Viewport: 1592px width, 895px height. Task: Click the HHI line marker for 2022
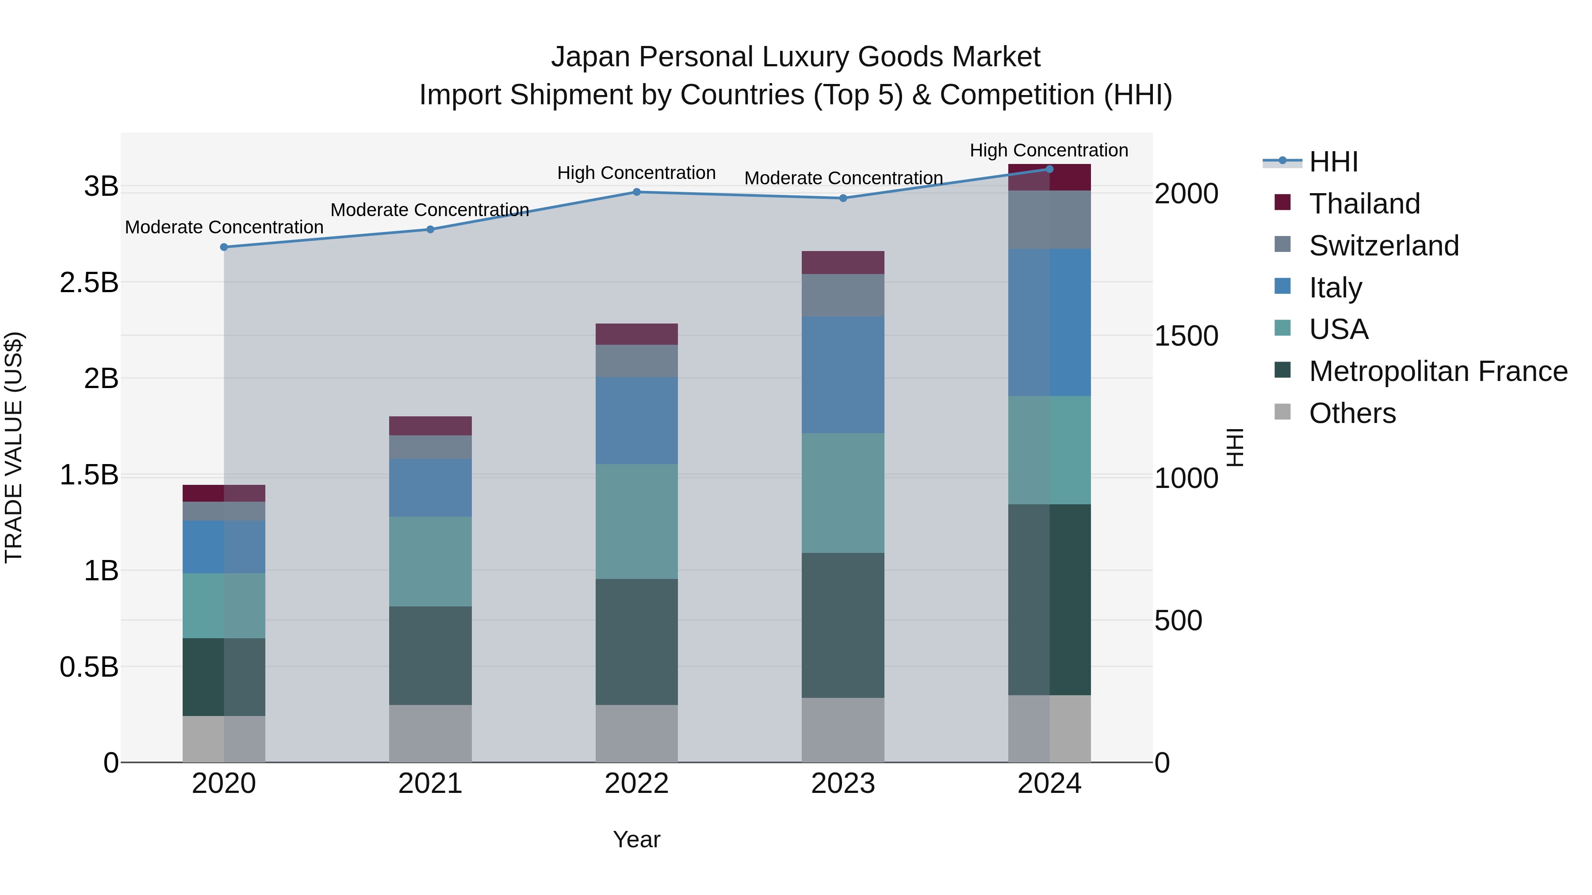pos(636,192)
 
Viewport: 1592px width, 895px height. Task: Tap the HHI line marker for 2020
pos(224,247)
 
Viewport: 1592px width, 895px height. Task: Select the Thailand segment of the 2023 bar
pos(843,263)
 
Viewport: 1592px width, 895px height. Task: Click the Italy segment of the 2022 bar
pos(636,421)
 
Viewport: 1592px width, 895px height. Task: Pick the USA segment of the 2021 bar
pos(430,561)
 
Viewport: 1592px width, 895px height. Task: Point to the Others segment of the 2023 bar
pos(843,730)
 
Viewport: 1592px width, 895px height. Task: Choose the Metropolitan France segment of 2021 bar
pos(430,655)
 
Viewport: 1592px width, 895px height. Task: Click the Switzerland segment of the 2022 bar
pos(636,362)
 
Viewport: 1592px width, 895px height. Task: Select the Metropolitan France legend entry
pos(1438,371)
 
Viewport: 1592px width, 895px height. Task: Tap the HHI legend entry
pos(1333,162)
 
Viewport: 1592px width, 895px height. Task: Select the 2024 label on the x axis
pos(1049,784)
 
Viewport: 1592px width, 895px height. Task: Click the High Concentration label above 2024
pos(1049,150)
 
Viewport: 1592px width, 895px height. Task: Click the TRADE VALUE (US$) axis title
pos(14,447)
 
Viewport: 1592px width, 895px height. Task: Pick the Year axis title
pos(636,839)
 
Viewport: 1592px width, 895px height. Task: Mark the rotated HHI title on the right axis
pos(1235,447)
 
